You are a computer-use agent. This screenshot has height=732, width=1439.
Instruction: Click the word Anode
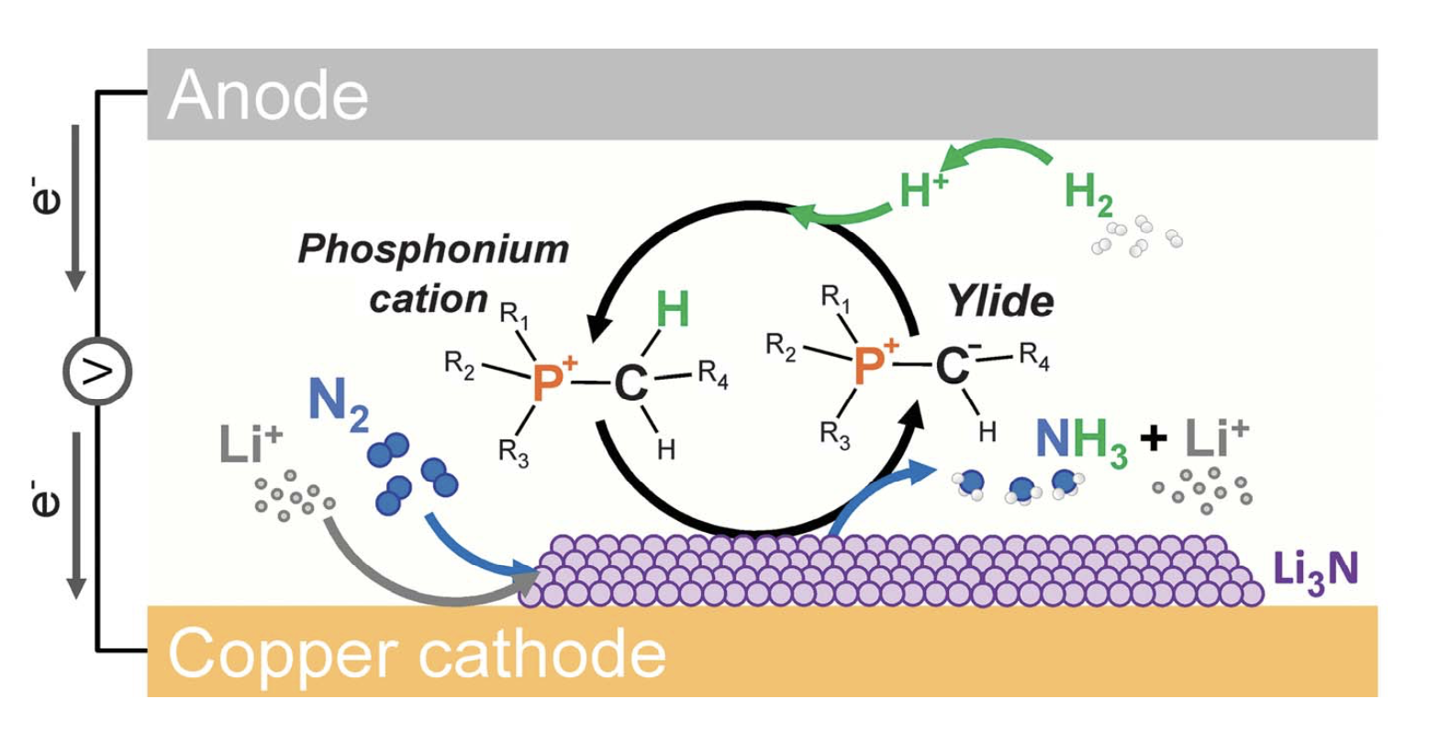click(267, 94)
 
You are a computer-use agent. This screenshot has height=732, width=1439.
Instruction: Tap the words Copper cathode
click(417, 652)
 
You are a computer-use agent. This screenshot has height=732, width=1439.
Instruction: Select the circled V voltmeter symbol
click(98, 372)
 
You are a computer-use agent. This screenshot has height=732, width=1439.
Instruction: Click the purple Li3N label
click(1315, 570)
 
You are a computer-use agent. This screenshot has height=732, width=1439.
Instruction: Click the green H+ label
click(920, 192)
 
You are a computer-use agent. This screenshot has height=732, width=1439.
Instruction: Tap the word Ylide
click(1002, 302)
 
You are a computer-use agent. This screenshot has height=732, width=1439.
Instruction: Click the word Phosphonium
click(433, 250)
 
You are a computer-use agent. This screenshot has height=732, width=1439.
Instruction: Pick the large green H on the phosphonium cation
click(673, 311)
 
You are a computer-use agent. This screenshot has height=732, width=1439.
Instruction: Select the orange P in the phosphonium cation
click(547, 383)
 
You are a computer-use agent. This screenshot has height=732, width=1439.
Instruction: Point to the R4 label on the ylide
click(1034, 358)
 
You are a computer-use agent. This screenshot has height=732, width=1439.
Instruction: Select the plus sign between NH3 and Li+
click(1152, 439)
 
